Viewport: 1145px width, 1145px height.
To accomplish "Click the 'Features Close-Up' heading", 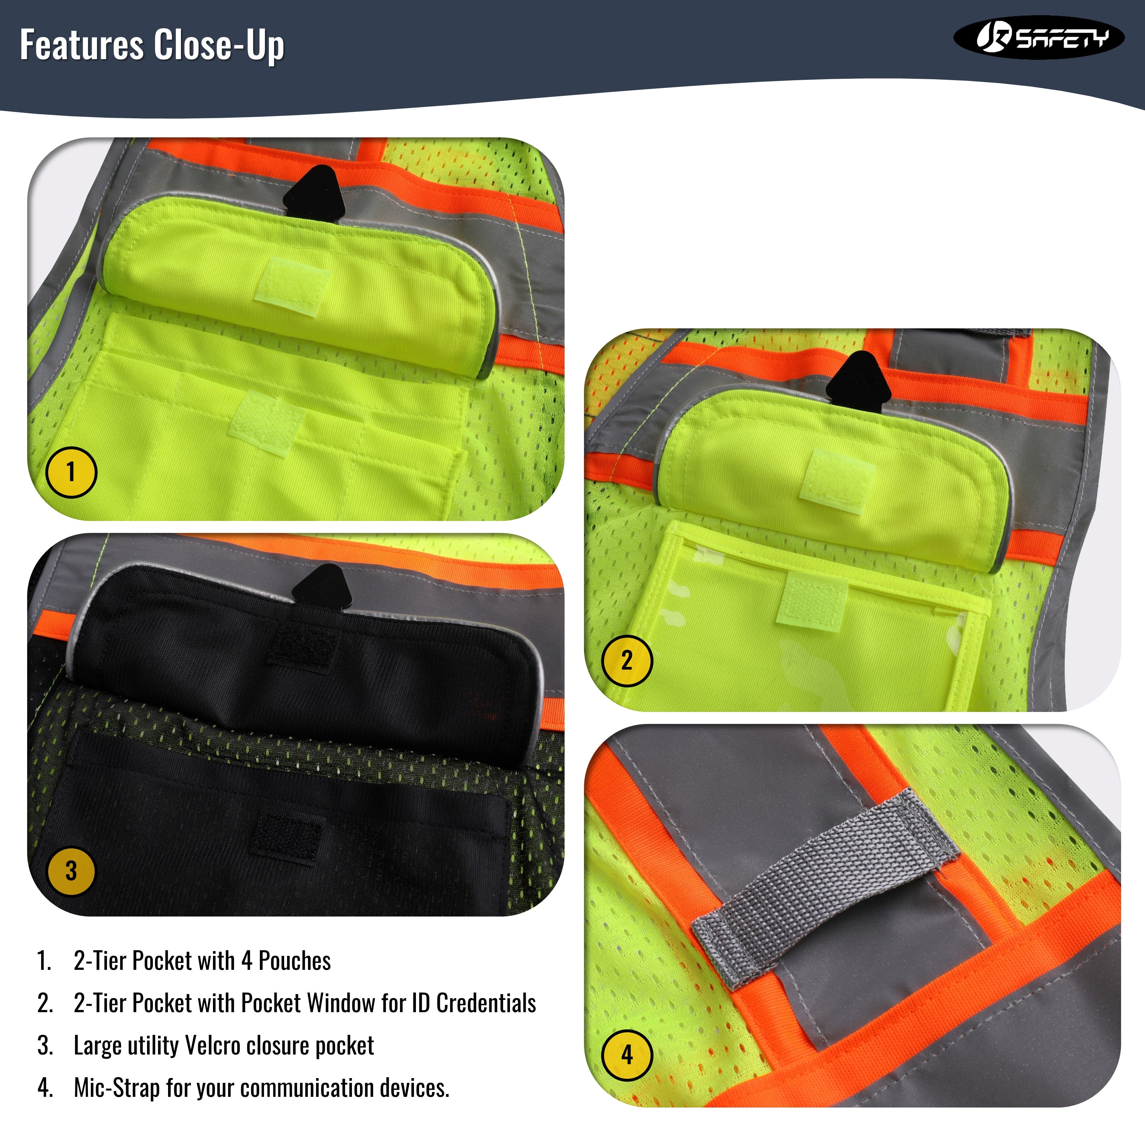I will (x=152, y=45).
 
